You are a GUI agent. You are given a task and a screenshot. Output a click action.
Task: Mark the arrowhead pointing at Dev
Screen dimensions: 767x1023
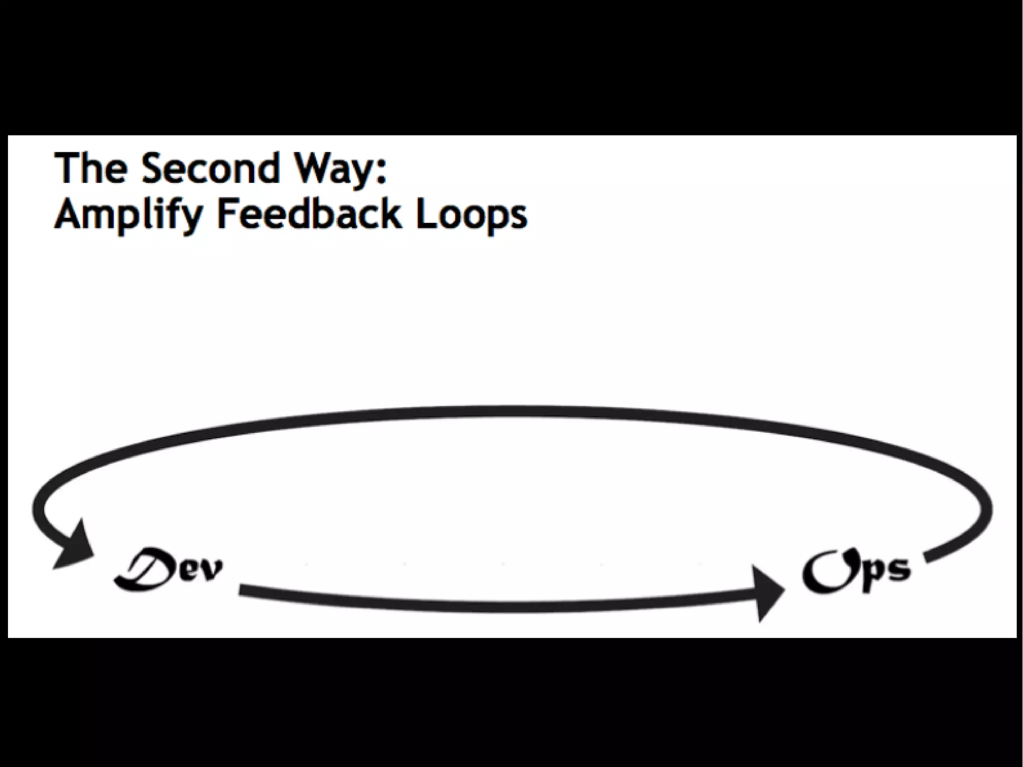75,547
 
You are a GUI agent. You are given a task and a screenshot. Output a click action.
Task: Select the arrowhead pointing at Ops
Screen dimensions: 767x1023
767,593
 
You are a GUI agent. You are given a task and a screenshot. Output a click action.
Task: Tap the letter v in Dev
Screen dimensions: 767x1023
210,571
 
